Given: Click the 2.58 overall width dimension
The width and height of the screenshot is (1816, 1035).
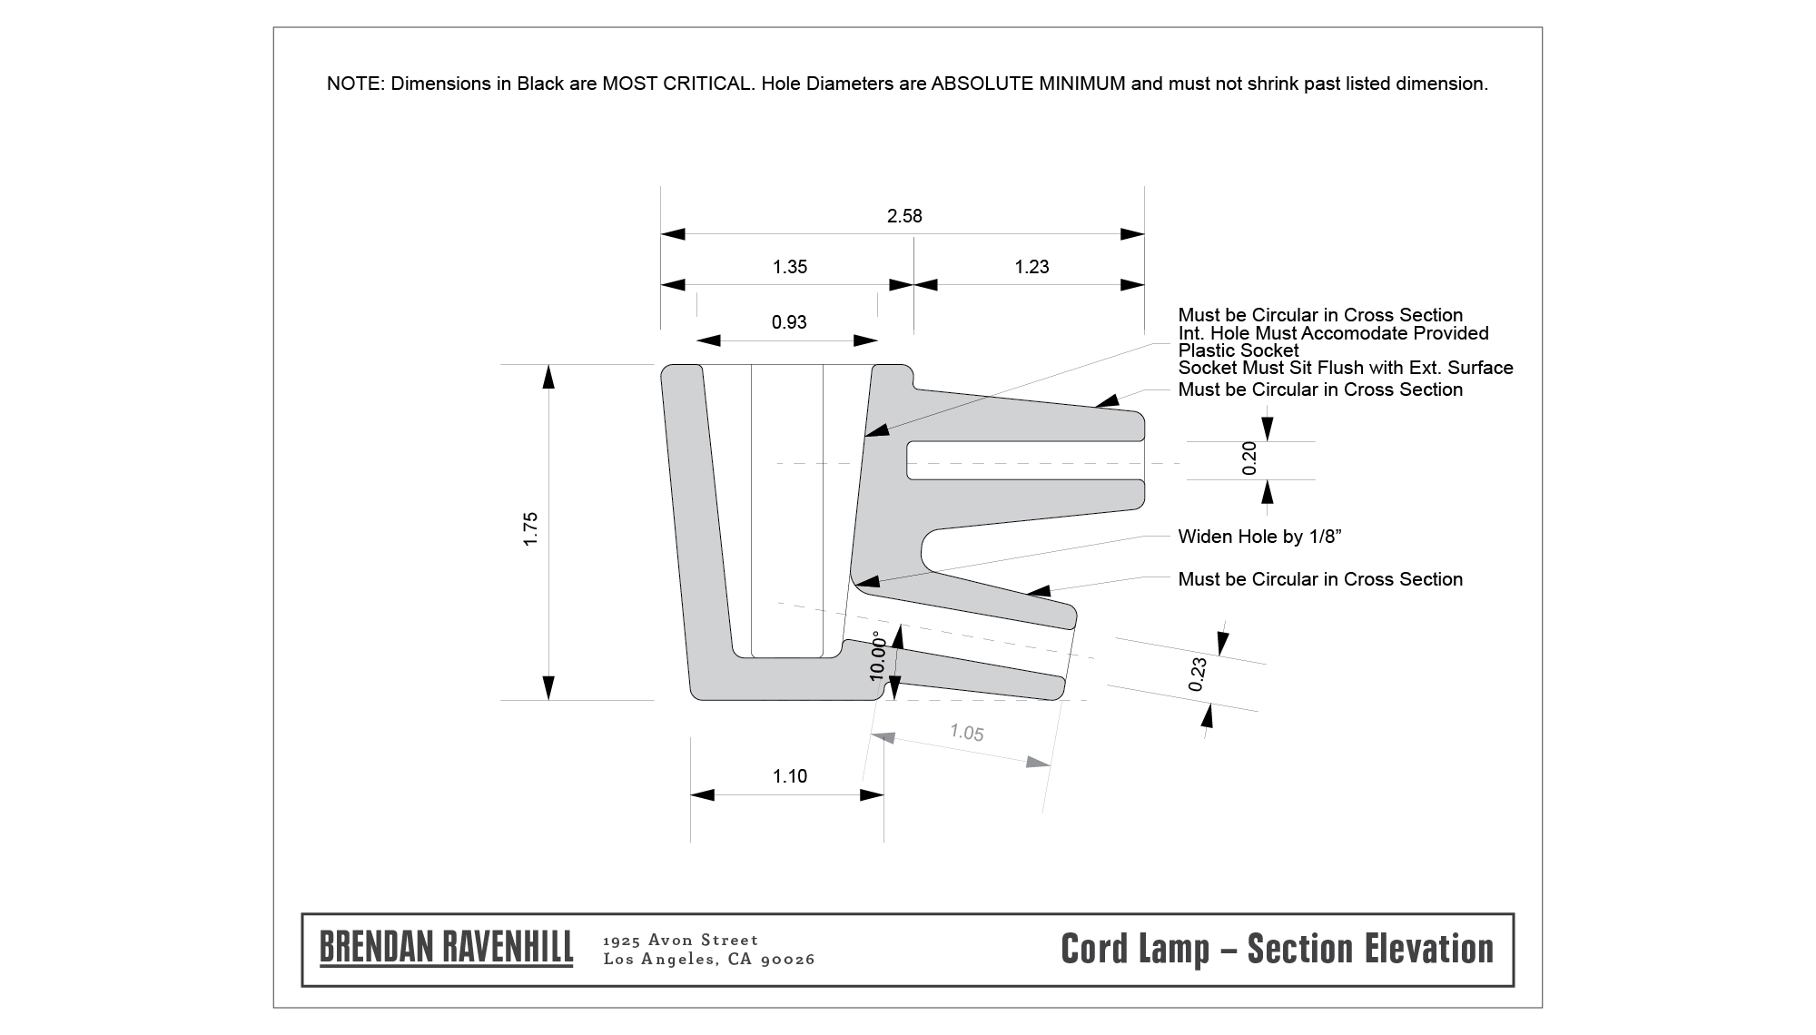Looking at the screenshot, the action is point(904,216).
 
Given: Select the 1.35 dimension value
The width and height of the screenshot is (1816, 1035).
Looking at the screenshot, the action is point(790,267).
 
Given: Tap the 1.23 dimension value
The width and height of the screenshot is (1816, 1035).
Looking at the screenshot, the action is point(1031,267).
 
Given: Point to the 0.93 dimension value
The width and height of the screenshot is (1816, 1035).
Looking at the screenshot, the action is point(789,322).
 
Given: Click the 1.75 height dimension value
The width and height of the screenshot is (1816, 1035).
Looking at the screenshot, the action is point(531,529).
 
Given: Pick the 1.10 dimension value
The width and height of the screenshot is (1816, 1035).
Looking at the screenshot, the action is point(790,776).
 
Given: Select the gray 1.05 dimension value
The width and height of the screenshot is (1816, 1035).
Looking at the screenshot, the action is point(967,732).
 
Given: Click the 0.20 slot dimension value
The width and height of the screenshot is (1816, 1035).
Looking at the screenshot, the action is point(1249,458).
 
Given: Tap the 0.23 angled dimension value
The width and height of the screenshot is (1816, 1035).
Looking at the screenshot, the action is point(1199,675).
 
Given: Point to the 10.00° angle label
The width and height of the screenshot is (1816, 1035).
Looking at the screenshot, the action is point(877,655).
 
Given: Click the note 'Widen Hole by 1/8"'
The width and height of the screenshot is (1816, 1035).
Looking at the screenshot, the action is point(1260,537).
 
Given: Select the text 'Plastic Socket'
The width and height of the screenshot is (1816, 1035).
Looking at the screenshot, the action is point(1239,350).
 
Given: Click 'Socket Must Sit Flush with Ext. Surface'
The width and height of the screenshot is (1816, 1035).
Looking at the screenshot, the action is point(1346,368).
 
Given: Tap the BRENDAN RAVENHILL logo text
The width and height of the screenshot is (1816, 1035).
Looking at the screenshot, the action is point(447,948).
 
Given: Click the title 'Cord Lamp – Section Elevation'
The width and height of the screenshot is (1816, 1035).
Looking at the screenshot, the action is point(1278,949).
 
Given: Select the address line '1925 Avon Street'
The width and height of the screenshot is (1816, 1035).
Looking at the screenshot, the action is point(681,940).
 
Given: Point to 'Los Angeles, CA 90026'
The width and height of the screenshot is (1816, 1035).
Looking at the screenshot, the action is point(709,960).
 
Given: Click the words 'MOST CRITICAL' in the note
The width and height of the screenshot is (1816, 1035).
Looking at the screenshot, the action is point(678,84).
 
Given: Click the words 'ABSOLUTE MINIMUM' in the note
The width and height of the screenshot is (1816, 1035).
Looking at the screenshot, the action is point(1029,84).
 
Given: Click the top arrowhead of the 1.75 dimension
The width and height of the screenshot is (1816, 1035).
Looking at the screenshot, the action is point(548,376).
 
